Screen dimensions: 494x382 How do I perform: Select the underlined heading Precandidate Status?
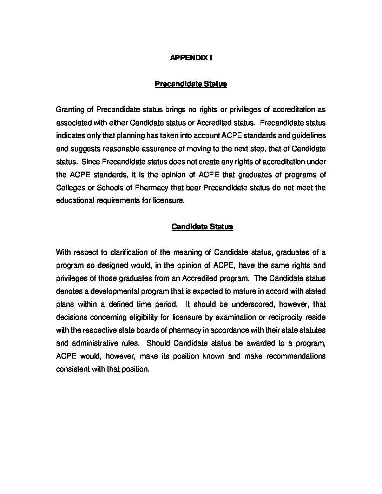pyautogui.click(x=191, y=84)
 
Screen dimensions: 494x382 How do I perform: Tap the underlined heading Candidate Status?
pyautogui.click(x=202, y=227)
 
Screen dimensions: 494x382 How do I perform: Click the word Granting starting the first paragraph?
pyautogui.click(x=70, y=110)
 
